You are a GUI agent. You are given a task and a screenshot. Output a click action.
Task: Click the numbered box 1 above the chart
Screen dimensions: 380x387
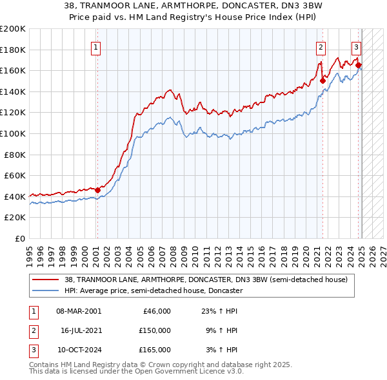[95, 46]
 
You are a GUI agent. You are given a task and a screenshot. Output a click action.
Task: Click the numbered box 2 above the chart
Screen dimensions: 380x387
[321, 46]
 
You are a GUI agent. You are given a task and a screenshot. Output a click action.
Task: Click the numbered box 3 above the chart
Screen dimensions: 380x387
[356, 46]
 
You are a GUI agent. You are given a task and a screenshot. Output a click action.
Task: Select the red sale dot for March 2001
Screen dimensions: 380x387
[97, 190]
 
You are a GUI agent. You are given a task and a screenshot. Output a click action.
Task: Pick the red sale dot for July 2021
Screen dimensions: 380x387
[322, 81]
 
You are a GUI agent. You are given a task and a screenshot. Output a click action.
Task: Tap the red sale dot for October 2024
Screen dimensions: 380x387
[359, 65]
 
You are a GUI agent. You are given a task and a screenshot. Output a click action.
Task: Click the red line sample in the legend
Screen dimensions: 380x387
[45, 280]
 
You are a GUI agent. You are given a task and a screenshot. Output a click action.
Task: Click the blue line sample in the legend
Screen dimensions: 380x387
[45, 290]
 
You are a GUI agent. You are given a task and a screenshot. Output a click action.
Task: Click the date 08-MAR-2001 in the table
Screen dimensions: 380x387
[79, 311]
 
